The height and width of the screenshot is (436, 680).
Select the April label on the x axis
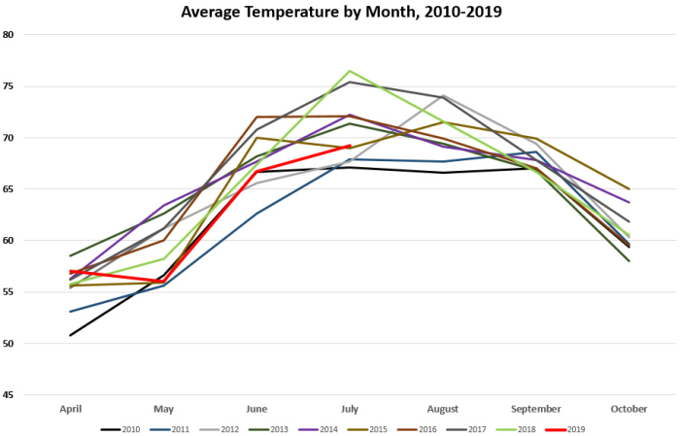[71, 410]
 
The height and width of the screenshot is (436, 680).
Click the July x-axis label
[350, 410]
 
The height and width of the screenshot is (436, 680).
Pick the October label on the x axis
[629, 410]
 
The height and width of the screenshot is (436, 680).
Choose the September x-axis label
[535, 410]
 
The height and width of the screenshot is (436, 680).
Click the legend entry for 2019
[569, 428]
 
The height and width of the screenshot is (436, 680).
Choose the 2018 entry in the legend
[521, 428]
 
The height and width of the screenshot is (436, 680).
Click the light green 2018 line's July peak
[350, 71]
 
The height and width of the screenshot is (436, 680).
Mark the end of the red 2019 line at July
[350, 146]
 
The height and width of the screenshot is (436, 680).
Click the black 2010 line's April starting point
[71, 335]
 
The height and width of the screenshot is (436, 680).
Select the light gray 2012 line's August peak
[443, 95]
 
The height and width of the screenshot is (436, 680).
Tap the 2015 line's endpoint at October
[629, 189]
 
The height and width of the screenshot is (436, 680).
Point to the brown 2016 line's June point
[257, 117]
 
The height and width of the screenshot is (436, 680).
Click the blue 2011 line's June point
[257, 214]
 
